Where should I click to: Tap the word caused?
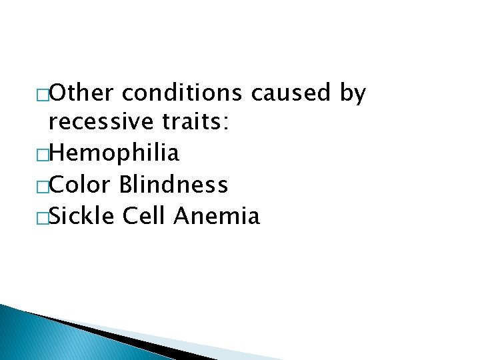tap(291, 93)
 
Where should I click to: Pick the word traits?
tap(193, 123)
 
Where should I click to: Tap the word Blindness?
tap(174, 185)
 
